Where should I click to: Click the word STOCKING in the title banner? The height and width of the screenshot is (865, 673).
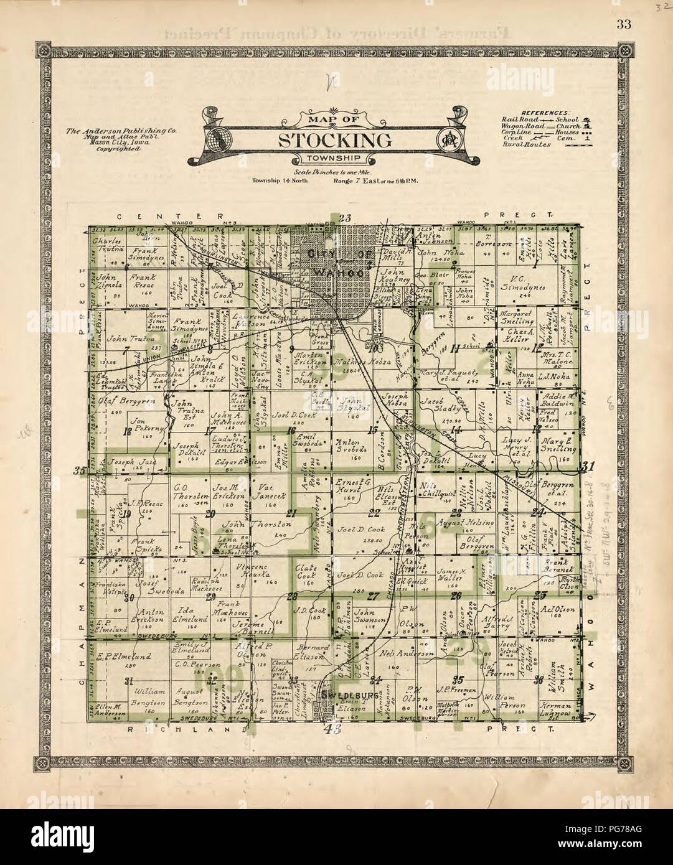pos(334,140)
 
